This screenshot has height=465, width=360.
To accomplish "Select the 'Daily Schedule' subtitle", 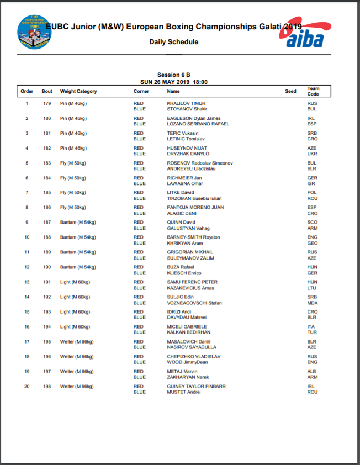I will (173, 42).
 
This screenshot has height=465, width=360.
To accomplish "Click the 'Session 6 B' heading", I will (173, 75).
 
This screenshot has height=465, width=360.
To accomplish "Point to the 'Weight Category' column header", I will (78, 91).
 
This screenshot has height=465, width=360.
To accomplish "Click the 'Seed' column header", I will (290, 91).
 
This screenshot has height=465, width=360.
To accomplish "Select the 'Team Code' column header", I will (313, 91).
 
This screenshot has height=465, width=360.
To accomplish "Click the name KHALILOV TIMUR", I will (186, 103).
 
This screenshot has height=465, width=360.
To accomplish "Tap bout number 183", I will (47, 163).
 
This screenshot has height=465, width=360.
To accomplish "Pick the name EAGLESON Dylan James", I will (193, 118).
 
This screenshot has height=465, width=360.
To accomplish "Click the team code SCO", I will (312, 223).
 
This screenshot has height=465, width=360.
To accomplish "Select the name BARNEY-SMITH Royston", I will (193, 237).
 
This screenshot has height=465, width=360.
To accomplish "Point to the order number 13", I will (27, 282).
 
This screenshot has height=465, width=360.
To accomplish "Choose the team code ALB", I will (312, 372).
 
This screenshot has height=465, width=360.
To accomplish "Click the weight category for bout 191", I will (75, 282).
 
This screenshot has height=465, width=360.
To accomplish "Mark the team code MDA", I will (313, 303).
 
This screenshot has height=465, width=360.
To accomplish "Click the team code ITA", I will (311, 327).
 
